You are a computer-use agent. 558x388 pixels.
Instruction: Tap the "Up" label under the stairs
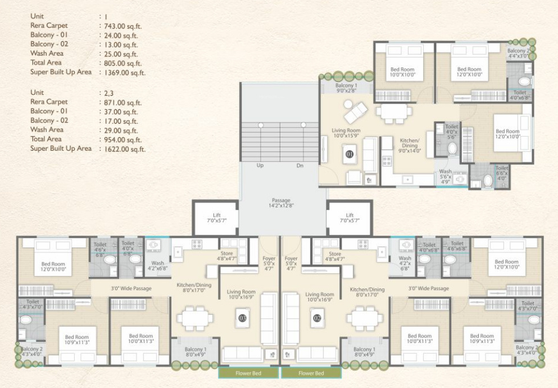(260, 166)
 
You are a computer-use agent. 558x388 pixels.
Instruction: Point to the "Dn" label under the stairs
(300, 166)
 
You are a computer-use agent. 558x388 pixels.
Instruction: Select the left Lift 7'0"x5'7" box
(216, 218)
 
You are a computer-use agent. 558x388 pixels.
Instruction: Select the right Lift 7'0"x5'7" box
(350, 218)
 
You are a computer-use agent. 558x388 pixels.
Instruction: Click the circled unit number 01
(350, 153)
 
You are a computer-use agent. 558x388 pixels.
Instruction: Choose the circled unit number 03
(243, 318)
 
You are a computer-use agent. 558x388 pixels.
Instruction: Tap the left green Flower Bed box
(248, 373)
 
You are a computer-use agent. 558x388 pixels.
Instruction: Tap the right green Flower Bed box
(311, 373)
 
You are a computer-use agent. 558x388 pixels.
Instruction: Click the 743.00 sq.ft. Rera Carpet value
(120, 26)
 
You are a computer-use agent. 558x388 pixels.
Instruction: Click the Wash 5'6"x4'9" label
(445, 176)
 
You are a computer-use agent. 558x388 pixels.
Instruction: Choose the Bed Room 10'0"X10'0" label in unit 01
(402, 72)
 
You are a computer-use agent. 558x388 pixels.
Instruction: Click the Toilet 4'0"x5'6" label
(452, 131)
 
